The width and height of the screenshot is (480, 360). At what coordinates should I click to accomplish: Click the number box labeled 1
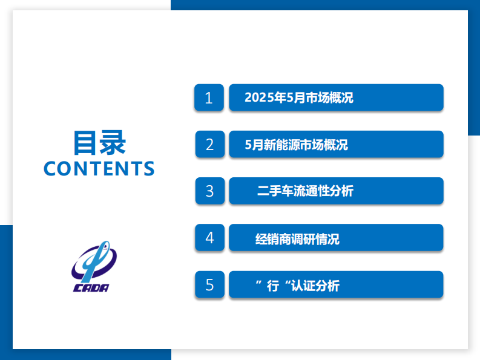coord(209,97)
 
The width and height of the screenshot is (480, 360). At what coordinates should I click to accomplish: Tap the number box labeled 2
coord(209,145)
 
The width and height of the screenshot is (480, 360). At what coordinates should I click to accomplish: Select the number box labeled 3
coord(209,191)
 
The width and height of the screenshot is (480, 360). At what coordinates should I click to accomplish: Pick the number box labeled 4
coord(209,238)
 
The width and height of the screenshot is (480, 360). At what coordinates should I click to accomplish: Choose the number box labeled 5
coord(209,284)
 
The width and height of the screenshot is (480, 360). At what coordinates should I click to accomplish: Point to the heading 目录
coord(99,143)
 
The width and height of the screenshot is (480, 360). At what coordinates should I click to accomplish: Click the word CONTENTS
coord(99,168)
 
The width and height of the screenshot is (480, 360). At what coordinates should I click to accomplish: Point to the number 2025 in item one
coord(258,98)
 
